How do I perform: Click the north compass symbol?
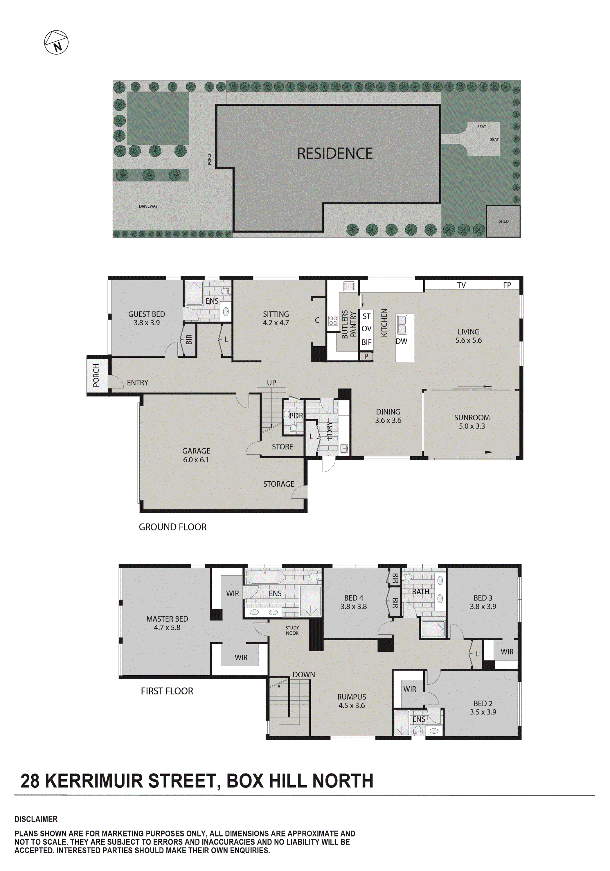pyautogui.click(x=56, y=42)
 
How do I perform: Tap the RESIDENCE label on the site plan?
pyautogui.click(x=334, y=154)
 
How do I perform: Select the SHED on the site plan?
pyautogui.click(x=503, y=221)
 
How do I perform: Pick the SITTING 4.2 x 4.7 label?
pyautogui.click(x=276, y=318)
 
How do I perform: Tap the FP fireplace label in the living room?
pyautogui.click(x=507, y=285)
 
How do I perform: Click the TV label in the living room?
pyautogui.click(x=461, y=285)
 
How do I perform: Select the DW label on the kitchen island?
pyautogui.click(x=401, y=341)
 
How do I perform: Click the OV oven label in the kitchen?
pyautogui.click(x=366, y=329)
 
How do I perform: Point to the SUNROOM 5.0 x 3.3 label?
pyautogui.click(x=472, y=422)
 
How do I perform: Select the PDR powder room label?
pyautogui.click(x=296, y=416)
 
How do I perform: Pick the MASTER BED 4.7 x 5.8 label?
pyautogui.click(x=167, y=623)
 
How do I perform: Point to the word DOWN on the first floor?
pyautogui.click(x=303, y=674)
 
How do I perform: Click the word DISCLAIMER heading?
pyautogui.click(x=36, y=819)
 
